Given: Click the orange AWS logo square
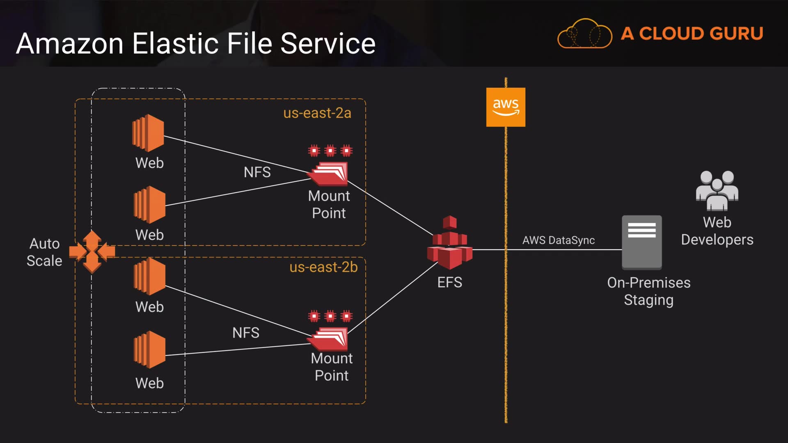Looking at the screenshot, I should (506, 107).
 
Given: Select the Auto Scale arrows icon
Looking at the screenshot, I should (92, 251).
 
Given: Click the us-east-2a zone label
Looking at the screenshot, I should (317, 113).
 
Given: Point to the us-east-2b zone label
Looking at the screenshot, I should (323, 267).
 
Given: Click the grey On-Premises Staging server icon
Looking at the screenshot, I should (641, 242).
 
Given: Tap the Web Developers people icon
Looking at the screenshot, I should (717, 190).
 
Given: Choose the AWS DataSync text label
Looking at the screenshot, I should (558, 240).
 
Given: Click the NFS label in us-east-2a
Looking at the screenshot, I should (257, 172).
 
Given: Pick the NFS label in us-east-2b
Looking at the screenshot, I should (246, 333).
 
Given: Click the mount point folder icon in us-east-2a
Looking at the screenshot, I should (329, 174).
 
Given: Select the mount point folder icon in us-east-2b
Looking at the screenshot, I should (329, 338).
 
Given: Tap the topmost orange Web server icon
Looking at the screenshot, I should (148, 133).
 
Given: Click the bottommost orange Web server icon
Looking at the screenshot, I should (149, 349).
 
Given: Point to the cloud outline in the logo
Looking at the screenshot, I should (584, 34).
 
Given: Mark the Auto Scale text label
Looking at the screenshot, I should (44, 252).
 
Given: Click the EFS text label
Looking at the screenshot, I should (450, 282).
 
